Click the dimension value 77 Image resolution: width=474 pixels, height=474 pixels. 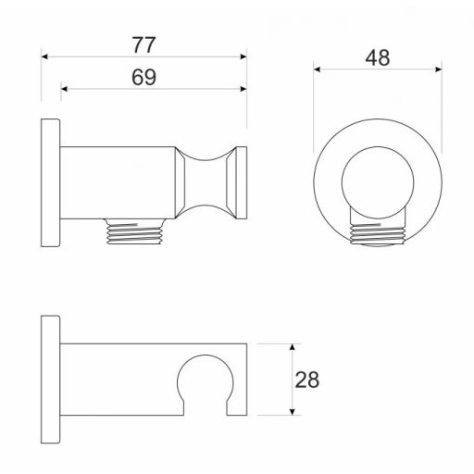[x=144, y=45]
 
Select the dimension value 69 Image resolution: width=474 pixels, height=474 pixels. [x=144, y=77]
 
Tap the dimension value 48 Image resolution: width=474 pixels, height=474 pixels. [x=378, y=57]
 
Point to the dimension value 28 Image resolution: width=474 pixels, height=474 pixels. [x=307, y=380]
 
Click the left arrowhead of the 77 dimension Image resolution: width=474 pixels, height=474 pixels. [x=44, y=56]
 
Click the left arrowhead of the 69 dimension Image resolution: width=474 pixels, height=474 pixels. [x=64, y=89]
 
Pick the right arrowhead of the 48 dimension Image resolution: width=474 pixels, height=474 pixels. [x=438, y=69]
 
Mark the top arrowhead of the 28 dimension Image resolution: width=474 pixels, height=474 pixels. [x=293, y=347]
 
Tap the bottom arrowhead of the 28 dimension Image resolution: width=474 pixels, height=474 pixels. [x=293, y=412]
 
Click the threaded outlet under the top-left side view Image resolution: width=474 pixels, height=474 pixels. [x=134, y=231]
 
